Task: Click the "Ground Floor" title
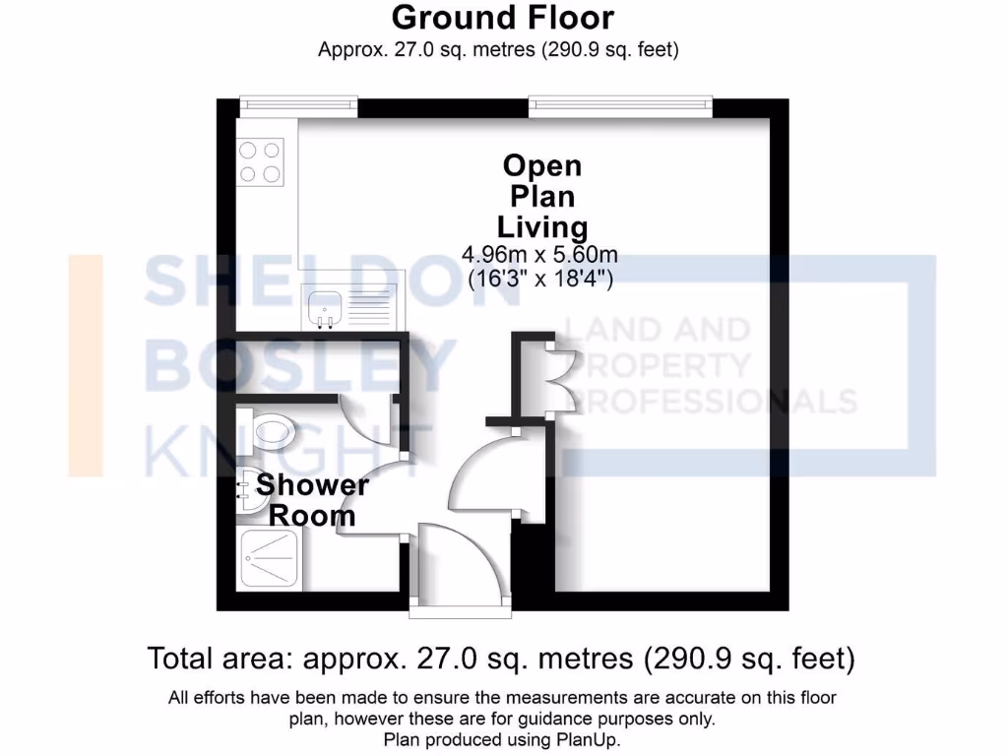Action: tap(502, 18)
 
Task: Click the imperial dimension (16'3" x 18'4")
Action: tap(540, 278)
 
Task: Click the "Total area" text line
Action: tap(501, 657)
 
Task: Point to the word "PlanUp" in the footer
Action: tap(587, 739)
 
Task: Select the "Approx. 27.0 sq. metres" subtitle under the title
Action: tap(498, 49)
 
